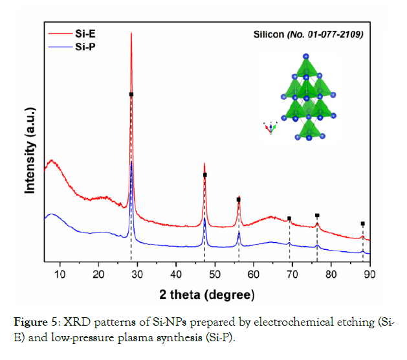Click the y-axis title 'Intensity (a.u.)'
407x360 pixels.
30,152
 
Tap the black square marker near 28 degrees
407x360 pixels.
131,95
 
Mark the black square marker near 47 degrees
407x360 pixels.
205,175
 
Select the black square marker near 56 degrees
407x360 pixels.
239,199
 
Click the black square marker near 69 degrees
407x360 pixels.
289,219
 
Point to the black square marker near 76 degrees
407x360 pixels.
317,215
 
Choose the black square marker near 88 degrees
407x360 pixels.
363,223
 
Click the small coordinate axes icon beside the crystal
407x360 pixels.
270,128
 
